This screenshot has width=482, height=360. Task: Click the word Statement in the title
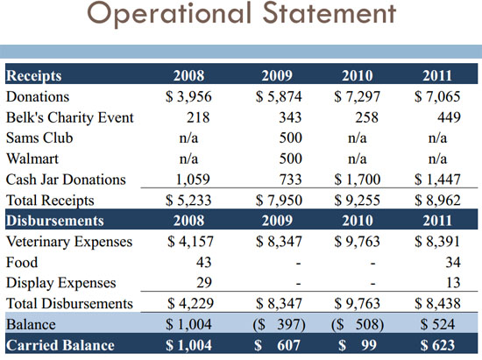(x=330, y=13)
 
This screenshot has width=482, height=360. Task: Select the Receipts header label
(x=34, y=76)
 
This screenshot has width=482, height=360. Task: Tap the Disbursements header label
(x=54, y=221)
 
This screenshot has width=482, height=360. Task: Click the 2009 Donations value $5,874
(x=279, y=96)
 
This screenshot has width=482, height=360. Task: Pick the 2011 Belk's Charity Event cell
(x=449, y=117)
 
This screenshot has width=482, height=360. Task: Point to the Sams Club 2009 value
(x=290, y=138)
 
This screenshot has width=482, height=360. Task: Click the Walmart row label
(x=32, y=159)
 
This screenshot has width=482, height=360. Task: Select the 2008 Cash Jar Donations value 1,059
(x=193, y=180)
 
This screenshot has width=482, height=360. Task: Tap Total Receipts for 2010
(x=358, y=201)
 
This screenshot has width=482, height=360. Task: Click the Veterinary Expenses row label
(x=69, y=242)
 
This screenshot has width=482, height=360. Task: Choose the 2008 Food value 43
(x=204, y=262)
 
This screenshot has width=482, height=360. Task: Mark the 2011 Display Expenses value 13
(x=453, y=283)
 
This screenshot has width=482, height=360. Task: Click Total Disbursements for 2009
(x=279, y=303)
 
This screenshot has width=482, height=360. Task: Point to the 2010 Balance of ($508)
(x=358, y=324)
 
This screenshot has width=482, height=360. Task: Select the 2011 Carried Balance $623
(x=437, y=345)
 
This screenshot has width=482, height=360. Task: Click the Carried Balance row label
(x=60, y=345)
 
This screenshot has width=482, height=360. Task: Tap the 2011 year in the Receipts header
(x=437, y=76)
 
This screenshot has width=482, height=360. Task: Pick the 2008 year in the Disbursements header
(x=188, y=221)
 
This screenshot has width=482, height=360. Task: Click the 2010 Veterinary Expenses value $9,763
(x=358, y=242)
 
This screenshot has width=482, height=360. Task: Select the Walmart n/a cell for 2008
(x=188, y=159)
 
